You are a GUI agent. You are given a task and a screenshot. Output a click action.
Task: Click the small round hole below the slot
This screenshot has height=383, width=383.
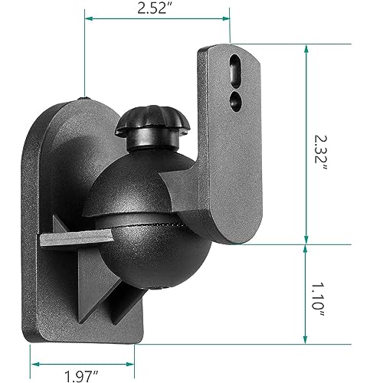tap(234, 97)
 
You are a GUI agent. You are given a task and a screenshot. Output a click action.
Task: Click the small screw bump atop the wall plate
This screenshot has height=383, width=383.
tap(82, 98)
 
